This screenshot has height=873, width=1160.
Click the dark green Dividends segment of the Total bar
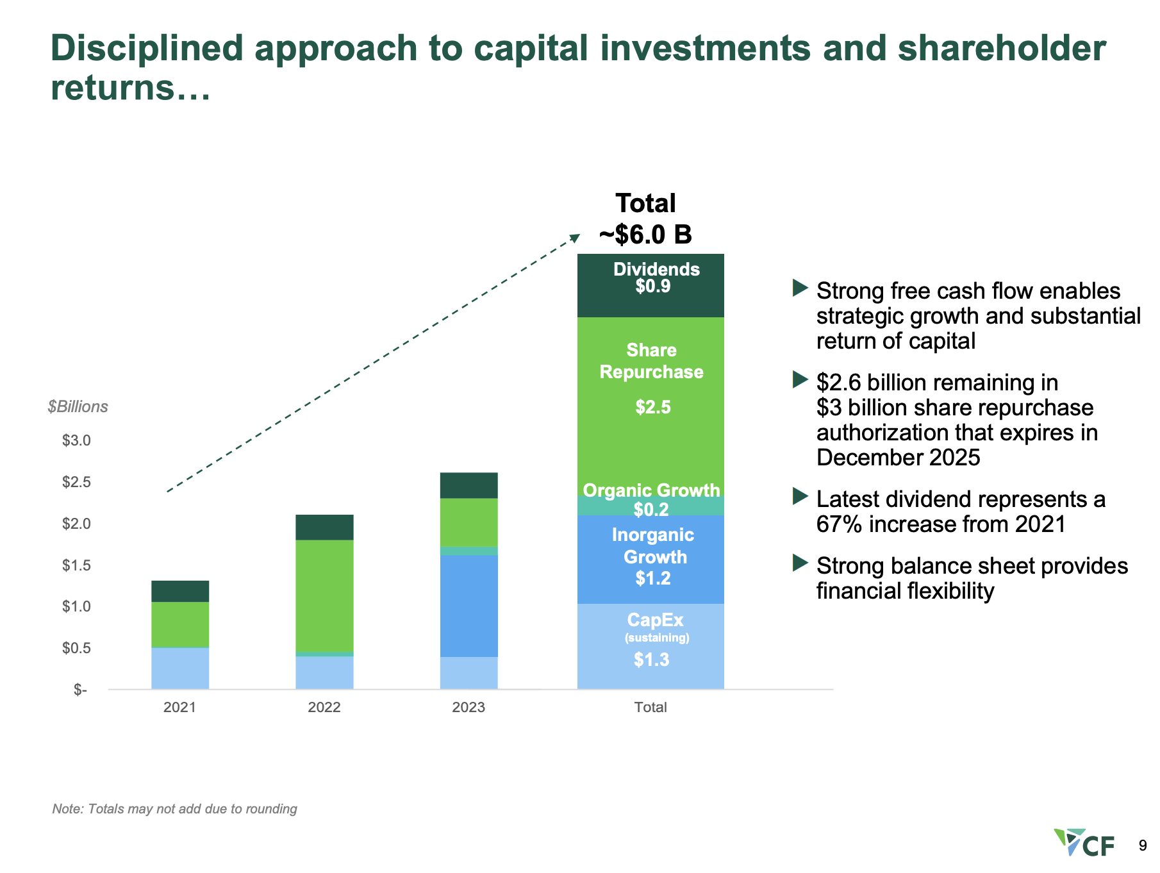[x=650, y=301]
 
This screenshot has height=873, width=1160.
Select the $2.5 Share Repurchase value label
[x=652, y=407]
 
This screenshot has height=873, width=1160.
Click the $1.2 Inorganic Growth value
[x=652, y=578]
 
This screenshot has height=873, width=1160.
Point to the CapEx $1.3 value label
[x=651, y=660]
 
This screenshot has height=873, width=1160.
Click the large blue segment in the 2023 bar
[x=468, y=606]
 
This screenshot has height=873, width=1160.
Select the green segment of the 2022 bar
[x=324, y=596]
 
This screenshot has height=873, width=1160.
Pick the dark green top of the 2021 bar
[x=180, y=591]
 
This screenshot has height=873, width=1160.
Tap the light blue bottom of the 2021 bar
[x=180, y=669]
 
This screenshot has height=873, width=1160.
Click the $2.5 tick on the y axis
[x=76, y=482]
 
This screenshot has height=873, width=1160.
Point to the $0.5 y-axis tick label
[x=76, y=648]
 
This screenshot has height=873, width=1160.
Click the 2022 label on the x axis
[x=324, y=707]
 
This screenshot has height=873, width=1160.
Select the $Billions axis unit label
[x=78, y=407]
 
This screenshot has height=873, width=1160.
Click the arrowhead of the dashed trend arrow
[x=575, y=238]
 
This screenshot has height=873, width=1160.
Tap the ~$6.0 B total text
[x=645, y=235]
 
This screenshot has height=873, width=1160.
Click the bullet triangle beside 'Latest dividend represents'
[x=800, y=496]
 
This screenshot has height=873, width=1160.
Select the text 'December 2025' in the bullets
[x=898, y=458]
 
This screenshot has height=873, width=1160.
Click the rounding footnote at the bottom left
[x=174, y=809]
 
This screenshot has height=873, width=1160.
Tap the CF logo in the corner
[x=1084, y=843]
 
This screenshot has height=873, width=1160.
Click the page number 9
[x=1142, y=846]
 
